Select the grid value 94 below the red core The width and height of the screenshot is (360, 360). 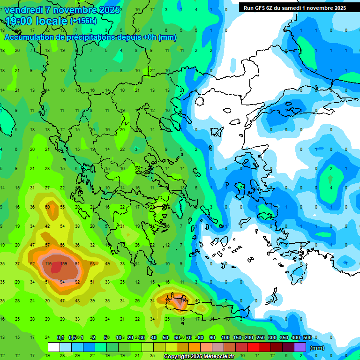tap(62, 282)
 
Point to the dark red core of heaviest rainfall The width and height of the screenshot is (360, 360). tap(56, 267)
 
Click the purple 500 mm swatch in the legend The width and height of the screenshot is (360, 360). tap(300, 347)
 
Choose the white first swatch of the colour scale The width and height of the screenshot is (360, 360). tap(54, 347)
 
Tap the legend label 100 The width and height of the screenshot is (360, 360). tap(225, 338)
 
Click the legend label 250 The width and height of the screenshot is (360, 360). tap(260, 338)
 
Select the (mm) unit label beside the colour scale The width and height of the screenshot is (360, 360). tap(317, 348)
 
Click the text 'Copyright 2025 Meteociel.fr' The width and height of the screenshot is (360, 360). tap(199, 357)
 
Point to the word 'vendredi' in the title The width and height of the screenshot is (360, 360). tap(23, 10)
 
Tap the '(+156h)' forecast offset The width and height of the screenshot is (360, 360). tap(83, 21)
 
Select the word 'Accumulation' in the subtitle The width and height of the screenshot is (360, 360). tap(27, 37)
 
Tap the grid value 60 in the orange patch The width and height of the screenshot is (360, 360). tap(47, 207)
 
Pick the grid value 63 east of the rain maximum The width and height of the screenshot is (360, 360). tap(92, 264)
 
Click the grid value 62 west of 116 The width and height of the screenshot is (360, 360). tap(32, 264)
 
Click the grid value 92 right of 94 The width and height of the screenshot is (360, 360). tap(77, 282)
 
